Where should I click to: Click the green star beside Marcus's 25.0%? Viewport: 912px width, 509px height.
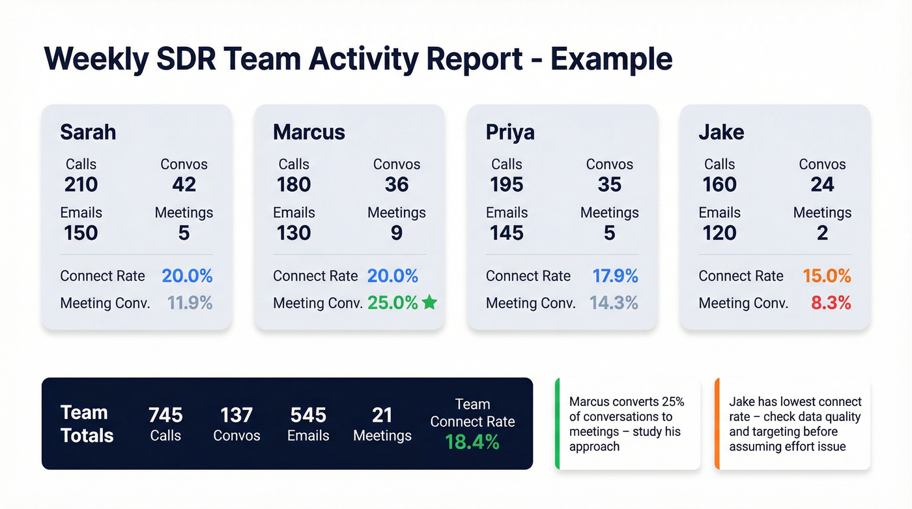point(429,302)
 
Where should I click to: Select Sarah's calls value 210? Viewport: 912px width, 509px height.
point(81,184)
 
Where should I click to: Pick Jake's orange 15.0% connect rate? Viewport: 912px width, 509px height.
point(826,276)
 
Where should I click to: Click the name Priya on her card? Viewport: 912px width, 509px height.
point(510,132)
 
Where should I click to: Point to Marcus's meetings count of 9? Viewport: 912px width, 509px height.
point(396,233)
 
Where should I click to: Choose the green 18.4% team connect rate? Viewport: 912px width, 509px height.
point(472,443)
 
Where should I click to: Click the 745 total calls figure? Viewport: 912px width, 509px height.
point(165,415)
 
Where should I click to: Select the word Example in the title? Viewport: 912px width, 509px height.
point(611,59)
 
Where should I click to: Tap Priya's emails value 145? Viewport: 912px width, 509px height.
point(506,233)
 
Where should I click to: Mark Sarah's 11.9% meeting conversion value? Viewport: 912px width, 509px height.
point(190,303)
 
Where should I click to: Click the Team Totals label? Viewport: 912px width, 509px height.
point(87,424)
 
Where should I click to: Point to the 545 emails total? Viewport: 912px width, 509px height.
point(308,415)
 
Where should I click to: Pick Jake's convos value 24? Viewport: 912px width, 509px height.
point(822,184)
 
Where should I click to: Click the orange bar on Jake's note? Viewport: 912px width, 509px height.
point(717,424)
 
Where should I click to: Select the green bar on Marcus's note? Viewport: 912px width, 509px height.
point(557,424)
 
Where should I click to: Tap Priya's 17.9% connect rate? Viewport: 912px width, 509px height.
point(614,276)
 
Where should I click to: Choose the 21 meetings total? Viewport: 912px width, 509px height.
point(382,415)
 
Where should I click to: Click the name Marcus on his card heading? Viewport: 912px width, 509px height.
point(309,132)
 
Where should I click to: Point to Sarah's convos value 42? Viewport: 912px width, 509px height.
point(184,184)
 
